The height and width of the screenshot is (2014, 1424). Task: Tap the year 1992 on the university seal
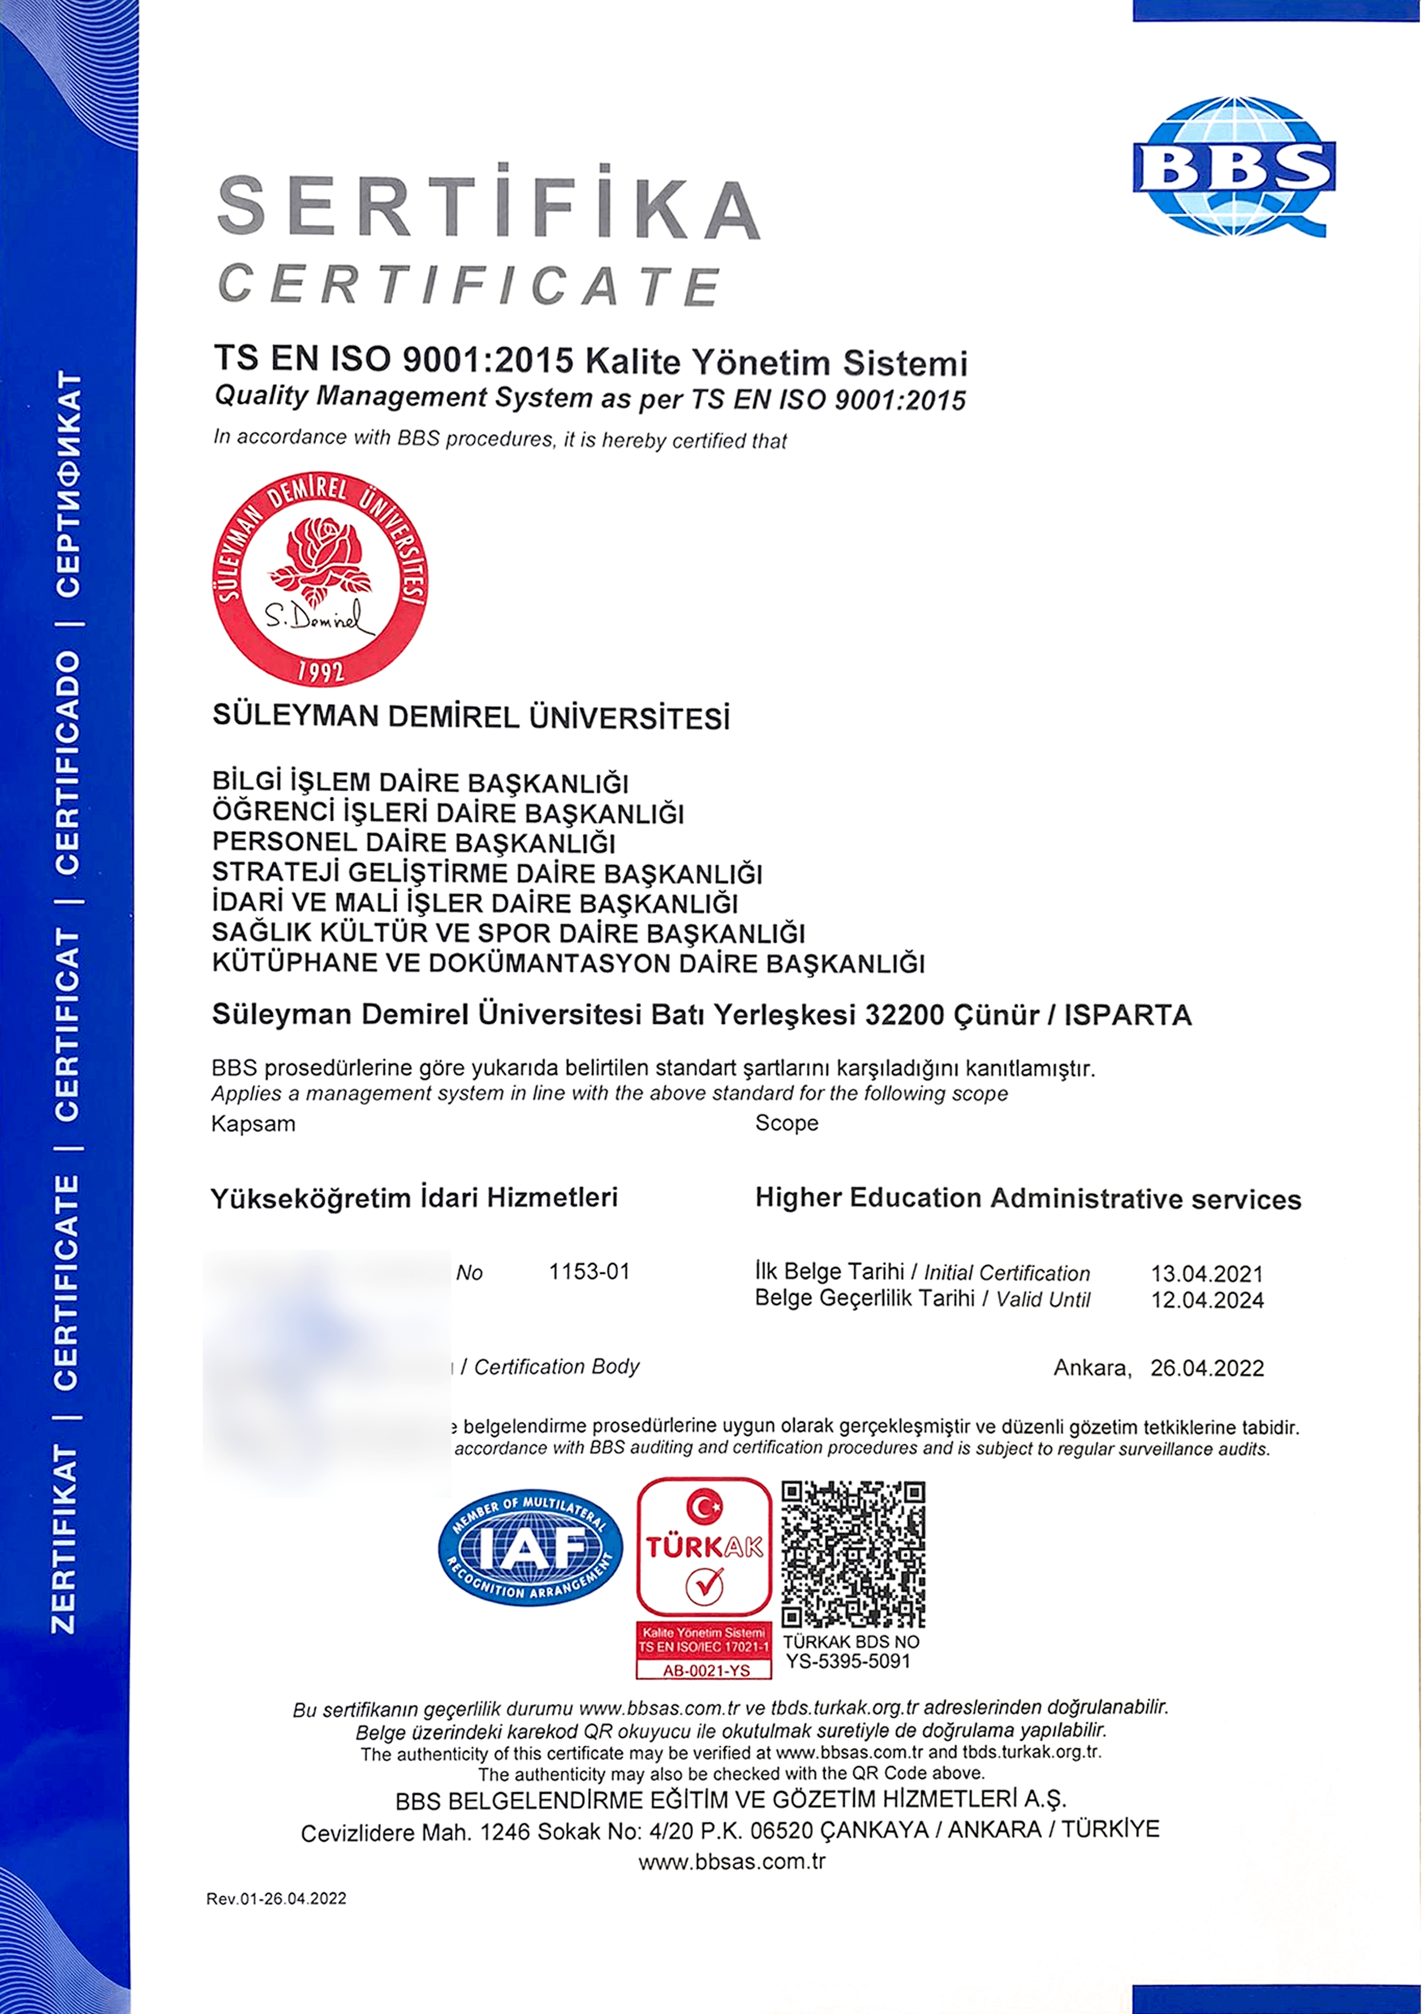tap(320, 672)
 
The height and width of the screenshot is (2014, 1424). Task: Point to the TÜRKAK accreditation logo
tap(703, 1548)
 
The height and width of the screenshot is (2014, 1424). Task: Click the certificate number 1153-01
tap(589, 1271)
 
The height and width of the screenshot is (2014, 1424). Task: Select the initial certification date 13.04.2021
tap(1206, 1273)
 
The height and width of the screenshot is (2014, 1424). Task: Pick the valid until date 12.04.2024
tap(1206, 1300)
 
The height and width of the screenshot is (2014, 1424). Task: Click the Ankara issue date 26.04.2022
tap(1206, 1368)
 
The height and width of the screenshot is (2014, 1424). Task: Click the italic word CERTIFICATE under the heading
tap(469, 286)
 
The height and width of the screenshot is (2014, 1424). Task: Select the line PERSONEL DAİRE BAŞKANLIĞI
tap(413, 843)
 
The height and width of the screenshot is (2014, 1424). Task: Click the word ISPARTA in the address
tap(1128, 1015)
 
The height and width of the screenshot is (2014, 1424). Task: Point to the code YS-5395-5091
tap(848, 1660)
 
